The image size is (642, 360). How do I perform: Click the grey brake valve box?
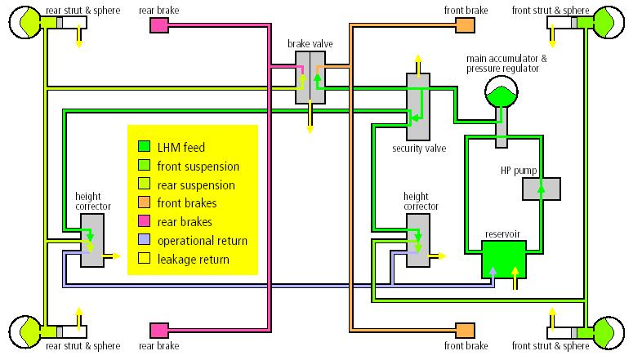tap(310, 78)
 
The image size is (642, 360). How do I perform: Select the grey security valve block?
tap(418, 107)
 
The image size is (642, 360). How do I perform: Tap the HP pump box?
tap(542, 189)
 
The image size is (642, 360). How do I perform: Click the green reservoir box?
tap(504, 260)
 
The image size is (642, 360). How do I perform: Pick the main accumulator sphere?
tap(502, 92)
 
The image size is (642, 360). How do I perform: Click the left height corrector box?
tap(92, 241)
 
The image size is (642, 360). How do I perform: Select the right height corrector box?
tap(418, 241)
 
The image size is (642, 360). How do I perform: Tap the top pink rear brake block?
tap(159, 25)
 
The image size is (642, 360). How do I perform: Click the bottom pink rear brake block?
tap(159, 331)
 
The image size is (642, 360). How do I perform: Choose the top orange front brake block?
tap(465, 25)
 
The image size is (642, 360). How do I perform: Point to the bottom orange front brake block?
tap(465, 331)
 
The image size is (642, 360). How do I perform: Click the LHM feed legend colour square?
tap(144, 146)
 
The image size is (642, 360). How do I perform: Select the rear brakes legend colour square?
tap(144, 221)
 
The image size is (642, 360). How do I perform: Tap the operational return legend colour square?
tap(144, 240)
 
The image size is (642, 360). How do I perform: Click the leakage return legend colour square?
tap(144, 259)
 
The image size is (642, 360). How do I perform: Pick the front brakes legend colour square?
tap(144, 202)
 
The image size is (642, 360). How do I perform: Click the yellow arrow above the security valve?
tap(418, 64)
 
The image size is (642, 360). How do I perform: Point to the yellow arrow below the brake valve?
tap(310, 117)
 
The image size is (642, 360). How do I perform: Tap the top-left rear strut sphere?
tap(25, 23)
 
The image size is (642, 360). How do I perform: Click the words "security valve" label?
tap(419, 148)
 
